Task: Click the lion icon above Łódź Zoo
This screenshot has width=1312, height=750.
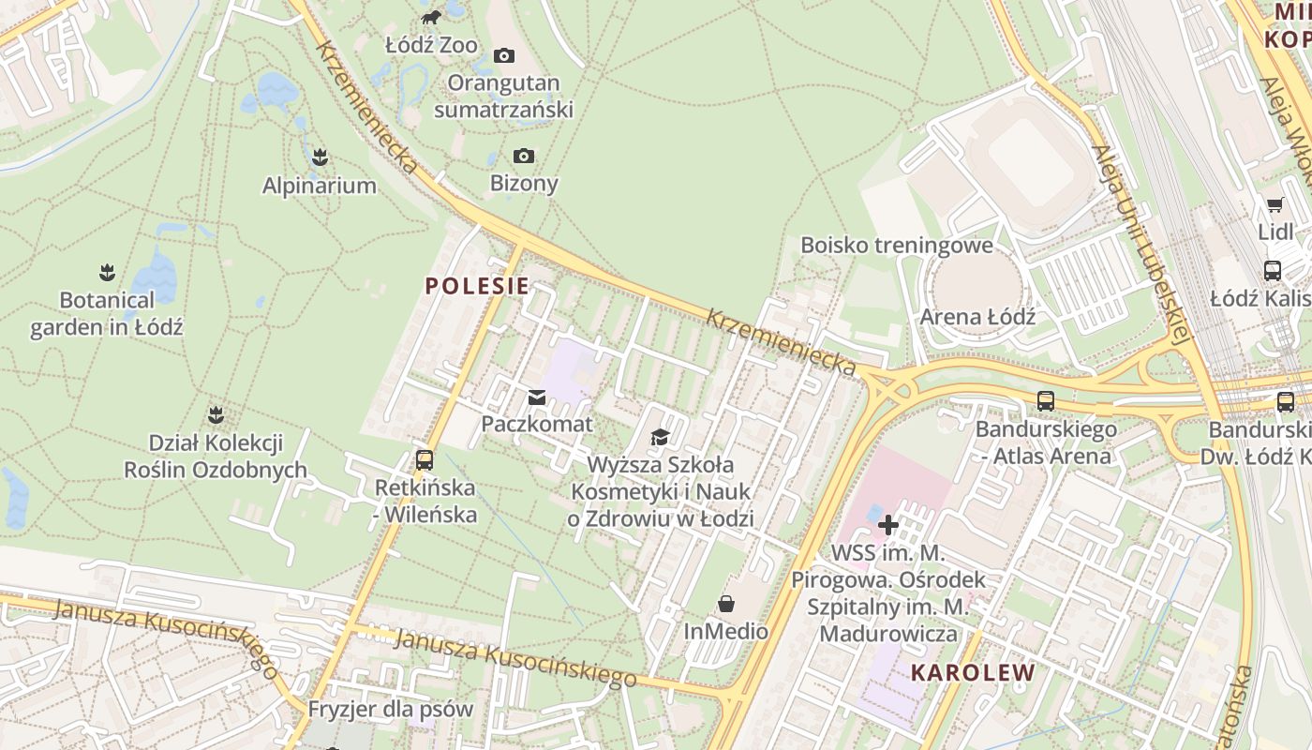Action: pos(430,17)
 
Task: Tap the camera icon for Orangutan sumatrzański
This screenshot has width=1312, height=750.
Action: pos(504,55)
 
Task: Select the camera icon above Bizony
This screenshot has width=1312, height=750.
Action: pos(524,156)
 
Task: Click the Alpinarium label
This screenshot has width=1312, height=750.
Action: pos(319,186)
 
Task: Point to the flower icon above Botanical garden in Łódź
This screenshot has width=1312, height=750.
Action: pos(107,273)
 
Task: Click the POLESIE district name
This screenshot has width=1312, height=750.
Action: pos(477,286)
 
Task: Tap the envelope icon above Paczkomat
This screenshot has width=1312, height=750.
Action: pos(537,397)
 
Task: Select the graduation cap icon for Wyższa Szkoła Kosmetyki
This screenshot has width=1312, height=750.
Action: pos(661,438)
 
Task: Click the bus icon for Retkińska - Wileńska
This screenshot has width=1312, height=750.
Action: pos(425,460)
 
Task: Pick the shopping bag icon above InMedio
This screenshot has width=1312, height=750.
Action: pos(726,604)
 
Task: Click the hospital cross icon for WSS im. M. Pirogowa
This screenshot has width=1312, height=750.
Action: pos(888,525)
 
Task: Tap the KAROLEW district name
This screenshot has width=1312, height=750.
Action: pos(973,672)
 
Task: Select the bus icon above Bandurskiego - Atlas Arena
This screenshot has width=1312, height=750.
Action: pos(1046,401)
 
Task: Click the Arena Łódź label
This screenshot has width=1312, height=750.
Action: pos(977,316)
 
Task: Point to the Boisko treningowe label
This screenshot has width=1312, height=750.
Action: pos(896,246)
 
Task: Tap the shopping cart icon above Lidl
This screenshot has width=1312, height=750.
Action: pos(1275,204)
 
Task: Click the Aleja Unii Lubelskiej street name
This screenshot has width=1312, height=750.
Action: pos(1138,245)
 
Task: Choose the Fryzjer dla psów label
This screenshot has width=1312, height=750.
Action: pos(391,709)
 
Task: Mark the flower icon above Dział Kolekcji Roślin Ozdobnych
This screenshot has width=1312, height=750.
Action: pos(216,413)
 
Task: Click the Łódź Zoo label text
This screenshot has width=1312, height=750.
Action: pos(431,45)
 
